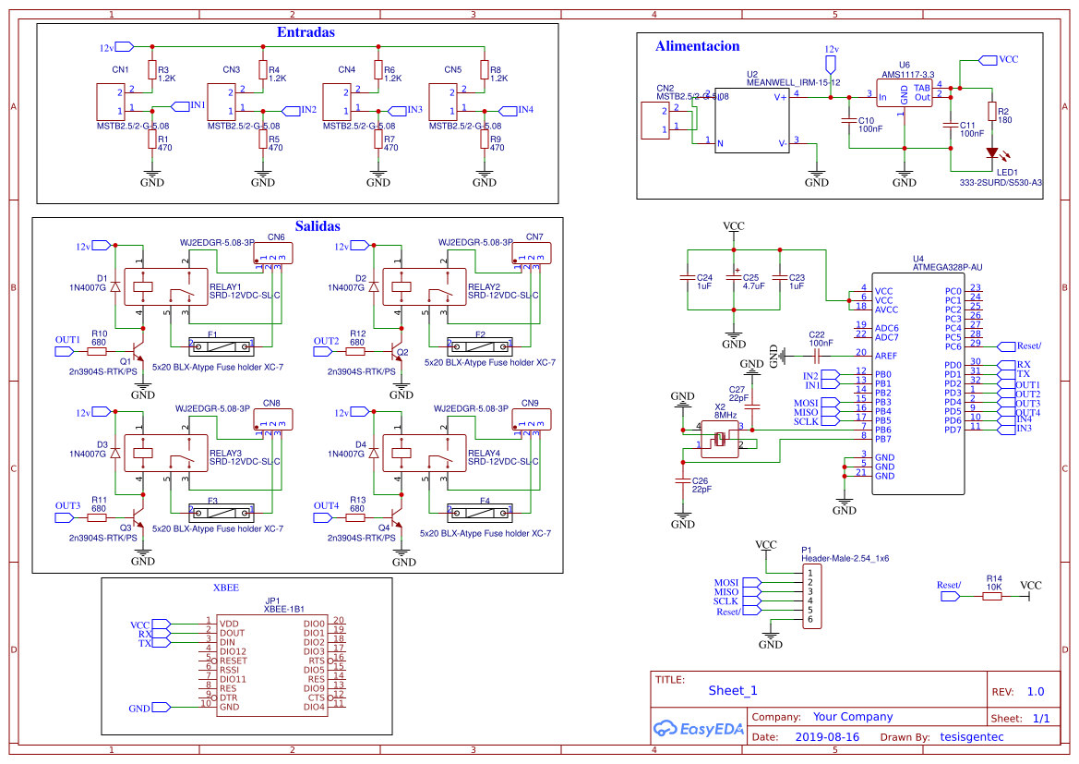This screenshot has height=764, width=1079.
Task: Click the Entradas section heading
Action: tap(306, 32)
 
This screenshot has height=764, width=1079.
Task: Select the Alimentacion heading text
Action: tap(697, 45)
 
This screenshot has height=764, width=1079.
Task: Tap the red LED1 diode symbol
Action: tap(992, 153)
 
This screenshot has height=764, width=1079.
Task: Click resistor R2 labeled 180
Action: tap(992, 112)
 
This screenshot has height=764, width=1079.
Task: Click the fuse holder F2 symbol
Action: tap(479, 346)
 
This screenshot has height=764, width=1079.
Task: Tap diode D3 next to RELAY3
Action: tap(115, 454)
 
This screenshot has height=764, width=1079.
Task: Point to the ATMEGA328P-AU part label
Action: tap(947, 268)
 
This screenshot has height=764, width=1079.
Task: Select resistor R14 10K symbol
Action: tap(992, 597)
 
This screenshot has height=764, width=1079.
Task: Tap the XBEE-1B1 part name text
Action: tap(283, 610)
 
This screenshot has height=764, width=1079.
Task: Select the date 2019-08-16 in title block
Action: tap(826, 737)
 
